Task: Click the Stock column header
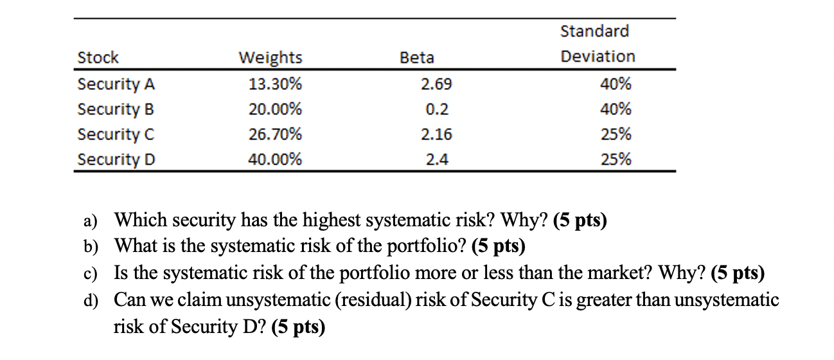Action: point(98,58)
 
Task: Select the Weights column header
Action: point(270,58)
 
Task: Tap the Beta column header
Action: point(417,58)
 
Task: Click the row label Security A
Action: point(116,84)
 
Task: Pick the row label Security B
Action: point(116,109)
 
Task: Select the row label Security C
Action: point(116,134)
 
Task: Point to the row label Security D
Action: point(116,159)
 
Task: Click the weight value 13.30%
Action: point(275,84)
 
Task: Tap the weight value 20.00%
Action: point(275,109)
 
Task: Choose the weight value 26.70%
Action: point(275,134)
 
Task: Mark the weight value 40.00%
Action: point(275,159)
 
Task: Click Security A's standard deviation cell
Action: point(616,84)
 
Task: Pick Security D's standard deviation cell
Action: point(616,159)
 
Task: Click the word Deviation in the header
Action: point(598,57)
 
